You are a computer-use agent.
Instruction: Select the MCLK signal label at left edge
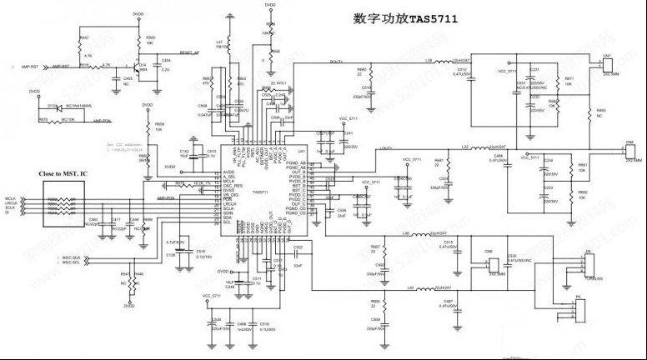[x=11, y=198]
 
